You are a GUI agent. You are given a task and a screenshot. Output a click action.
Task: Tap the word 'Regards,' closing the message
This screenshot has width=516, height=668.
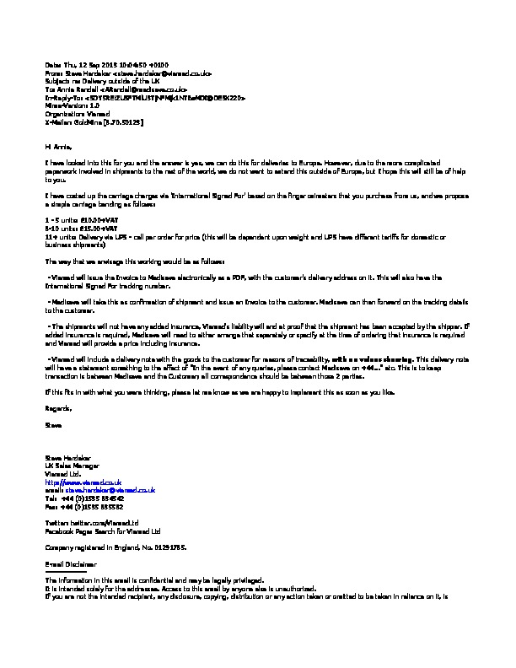pyautogui.click(x=58, y=408)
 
